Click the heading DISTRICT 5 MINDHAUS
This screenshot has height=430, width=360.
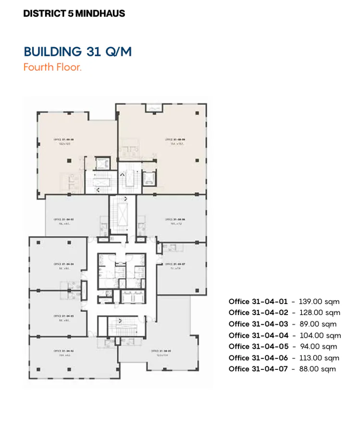click(74, 13)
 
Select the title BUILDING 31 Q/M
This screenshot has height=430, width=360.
click(77, 51)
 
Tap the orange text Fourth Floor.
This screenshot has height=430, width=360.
click(52, 67)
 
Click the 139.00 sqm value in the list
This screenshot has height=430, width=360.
click(319, 302)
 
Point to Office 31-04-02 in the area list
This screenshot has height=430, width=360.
click(258, 313)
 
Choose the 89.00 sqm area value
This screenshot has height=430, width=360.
click(318, 324)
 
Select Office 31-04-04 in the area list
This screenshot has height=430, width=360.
click(258, 335)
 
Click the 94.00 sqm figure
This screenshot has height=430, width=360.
click(318, 346)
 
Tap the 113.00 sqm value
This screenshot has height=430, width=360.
click(319, 358)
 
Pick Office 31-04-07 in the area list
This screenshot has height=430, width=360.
click(258, 369)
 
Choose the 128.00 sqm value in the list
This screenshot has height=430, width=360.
click(319, 313)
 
